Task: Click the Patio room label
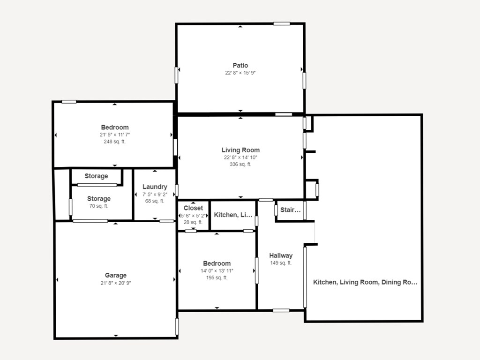(240, 65)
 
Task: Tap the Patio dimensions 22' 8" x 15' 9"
(240, 73)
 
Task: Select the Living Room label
(240, 150)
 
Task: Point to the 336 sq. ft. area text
(240, 165)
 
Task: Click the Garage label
(116, 276)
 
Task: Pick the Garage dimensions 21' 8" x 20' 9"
(116, 283)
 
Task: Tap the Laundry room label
(155, 187)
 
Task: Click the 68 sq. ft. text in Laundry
(155, 201)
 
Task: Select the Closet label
(193, 208)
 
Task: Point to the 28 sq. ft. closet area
(193, 222)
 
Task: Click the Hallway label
(281, 255)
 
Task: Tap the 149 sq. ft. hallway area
(281, 263)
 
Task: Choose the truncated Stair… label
(291, 210)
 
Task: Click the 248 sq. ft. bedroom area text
(114, 142)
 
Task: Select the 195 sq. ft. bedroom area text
(217, 278)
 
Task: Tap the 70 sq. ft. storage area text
(98, 206)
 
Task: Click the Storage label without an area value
(96, 176)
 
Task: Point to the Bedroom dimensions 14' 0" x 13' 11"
(217, 271)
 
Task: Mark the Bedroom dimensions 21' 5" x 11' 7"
(115, 135)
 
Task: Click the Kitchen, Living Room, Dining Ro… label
(365, 282)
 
